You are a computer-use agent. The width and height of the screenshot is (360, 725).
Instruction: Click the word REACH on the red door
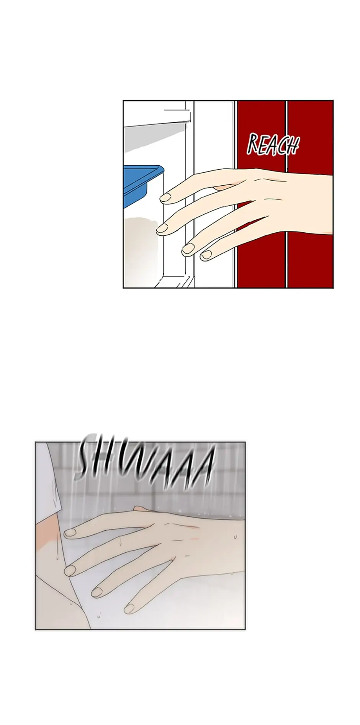point(273,145)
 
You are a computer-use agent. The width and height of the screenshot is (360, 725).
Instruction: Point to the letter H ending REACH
point(293,147)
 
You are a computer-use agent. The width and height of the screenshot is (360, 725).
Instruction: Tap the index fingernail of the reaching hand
point(165,198)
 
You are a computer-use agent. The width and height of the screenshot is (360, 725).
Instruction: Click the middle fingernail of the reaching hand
point(162,229)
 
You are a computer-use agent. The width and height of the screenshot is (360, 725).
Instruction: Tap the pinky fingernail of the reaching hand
point(207,255)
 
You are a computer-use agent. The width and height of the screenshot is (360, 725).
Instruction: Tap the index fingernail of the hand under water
point(70,532)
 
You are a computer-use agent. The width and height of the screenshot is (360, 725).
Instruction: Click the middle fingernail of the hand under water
point(70,571)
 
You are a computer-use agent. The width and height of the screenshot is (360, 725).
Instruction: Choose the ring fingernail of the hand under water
point(97,592)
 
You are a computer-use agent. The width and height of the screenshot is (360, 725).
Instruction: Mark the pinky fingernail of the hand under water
point(130,607)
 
